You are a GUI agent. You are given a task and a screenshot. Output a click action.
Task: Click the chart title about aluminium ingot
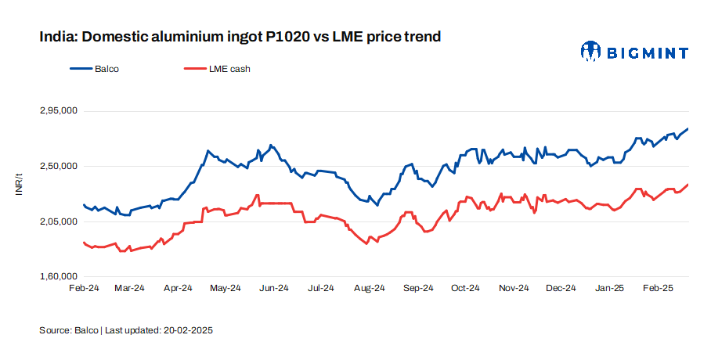tap(240, 37)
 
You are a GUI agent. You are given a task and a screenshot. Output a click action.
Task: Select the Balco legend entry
tap(94, 69)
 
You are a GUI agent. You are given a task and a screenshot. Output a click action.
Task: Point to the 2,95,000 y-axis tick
tap(58, 111)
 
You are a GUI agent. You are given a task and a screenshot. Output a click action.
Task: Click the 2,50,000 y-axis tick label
tap(58, 167)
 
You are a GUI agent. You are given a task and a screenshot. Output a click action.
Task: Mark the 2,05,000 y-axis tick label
tap(58, 222)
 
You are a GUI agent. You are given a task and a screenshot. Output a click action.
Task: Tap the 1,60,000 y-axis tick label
tap(58, 277)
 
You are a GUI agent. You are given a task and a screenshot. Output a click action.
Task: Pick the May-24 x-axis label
tap(226, 288)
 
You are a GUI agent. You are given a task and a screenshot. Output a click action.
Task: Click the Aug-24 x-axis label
tap(370, 288)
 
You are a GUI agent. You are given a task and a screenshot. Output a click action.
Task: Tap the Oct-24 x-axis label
tap(465, 288)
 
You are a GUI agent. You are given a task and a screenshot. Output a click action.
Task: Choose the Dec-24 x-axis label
tap(561, 288)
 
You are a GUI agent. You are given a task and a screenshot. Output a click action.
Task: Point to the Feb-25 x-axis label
tap(658, 288)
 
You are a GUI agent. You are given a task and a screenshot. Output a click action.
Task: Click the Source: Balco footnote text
tap(69, 330)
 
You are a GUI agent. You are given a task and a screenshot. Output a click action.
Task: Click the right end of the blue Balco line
tap(688, 128)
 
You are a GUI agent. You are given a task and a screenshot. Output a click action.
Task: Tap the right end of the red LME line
tap(688, 185)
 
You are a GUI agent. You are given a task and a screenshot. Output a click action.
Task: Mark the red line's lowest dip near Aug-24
tap(366, 244)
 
